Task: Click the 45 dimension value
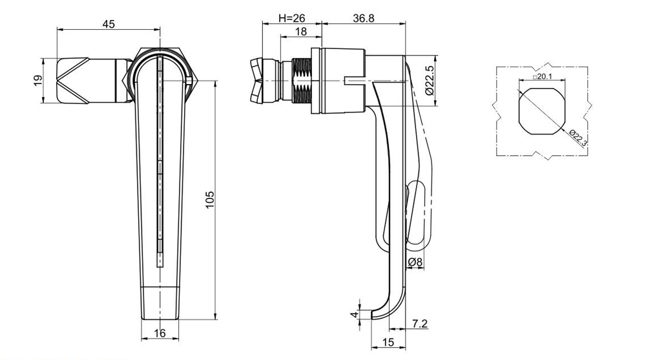(x=109, y=25)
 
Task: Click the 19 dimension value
(x=37, y=81)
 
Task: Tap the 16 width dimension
(x=160, y=333)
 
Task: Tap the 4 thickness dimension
(x=353, y=313)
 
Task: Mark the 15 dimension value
(x=388, y=343)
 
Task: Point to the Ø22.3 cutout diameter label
(x=578, y=138)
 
